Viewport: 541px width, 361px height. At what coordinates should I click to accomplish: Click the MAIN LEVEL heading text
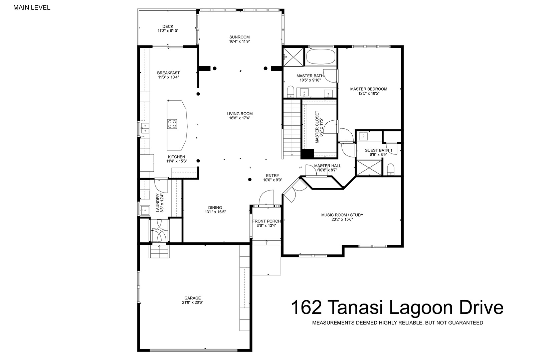tap(32, 7)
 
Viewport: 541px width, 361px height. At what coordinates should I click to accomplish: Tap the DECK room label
tap(168, 27)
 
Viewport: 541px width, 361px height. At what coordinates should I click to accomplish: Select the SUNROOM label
tap(239, 37)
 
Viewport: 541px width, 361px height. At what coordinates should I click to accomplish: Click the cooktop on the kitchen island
tap(172, 124)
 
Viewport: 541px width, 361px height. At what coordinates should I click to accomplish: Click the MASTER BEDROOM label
tap(369, 89)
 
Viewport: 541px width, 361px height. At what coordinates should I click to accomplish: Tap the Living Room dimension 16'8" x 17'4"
tap(239, 118)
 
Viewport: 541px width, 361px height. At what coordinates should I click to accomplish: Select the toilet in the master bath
tap(290, 91)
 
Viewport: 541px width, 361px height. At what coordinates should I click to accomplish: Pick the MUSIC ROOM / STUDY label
tap(342, 215)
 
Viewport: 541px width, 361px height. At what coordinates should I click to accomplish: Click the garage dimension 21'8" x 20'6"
tap(192, 303)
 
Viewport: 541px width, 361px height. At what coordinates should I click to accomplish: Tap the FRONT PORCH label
tap(266, 221)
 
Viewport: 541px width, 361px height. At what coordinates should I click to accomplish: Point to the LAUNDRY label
tap(158, 203)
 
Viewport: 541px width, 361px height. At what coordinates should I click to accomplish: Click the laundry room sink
tap(145, 210)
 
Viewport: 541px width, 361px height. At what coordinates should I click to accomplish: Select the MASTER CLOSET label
tap(317, 127)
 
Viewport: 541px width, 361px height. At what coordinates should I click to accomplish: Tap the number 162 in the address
tap(307, 307)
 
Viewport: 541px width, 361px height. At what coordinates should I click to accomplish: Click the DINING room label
tap(215, 208)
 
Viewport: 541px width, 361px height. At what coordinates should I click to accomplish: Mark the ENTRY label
tap(273, 176)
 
